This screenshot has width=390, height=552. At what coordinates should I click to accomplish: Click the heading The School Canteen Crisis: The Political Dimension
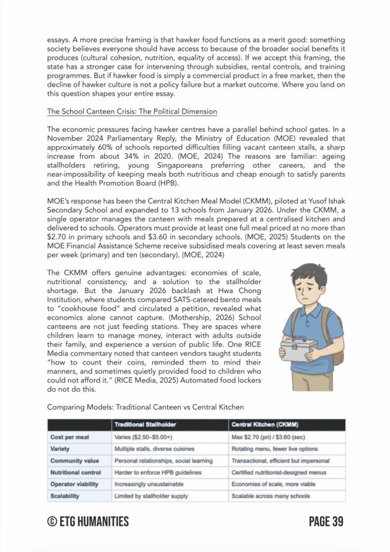click(132, 111)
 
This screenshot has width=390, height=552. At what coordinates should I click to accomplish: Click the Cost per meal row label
click(69, 437)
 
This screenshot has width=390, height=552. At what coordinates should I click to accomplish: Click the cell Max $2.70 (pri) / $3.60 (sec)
click(271, 437)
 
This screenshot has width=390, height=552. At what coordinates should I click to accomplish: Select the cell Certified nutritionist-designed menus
click(277, 472)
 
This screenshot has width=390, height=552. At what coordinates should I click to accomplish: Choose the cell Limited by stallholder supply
click(151, 496)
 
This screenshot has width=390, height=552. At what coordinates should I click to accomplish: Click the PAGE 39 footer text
click(326, 521)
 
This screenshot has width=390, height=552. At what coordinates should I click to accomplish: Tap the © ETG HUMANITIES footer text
click(87, 521)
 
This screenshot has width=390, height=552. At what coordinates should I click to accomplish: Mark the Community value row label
click(74, 460)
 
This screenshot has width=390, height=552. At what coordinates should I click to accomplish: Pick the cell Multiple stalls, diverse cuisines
click(156, 449)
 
